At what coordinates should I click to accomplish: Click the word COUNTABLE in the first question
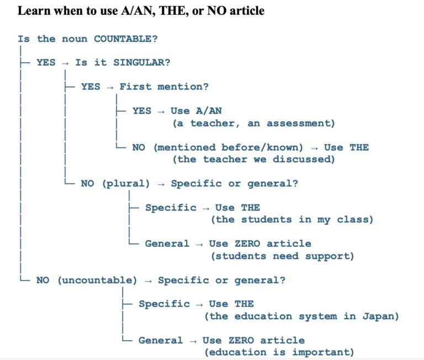(x=123, y=39)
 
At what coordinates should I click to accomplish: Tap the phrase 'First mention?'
(x=164, y=87)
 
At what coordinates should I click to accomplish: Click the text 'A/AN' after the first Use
(x=209, y=111)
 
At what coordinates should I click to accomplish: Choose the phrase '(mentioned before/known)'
(x=229, y=147)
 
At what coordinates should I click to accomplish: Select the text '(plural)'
(x=126, y=184)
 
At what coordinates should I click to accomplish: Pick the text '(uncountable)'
(x=97, y=280)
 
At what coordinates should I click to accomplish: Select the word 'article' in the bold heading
(x=247, y=11)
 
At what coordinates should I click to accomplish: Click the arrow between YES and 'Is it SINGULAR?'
(x=65, y=63)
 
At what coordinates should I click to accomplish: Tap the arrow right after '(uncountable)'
(x=148, y=281)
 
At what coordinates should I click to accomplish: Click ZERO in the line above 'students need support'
(x=247, y=243)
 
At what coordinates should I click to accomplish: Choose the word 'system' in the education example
(x=318, y=316)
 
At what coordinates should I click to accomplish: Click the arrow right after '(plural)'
(x=161, y=185)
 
